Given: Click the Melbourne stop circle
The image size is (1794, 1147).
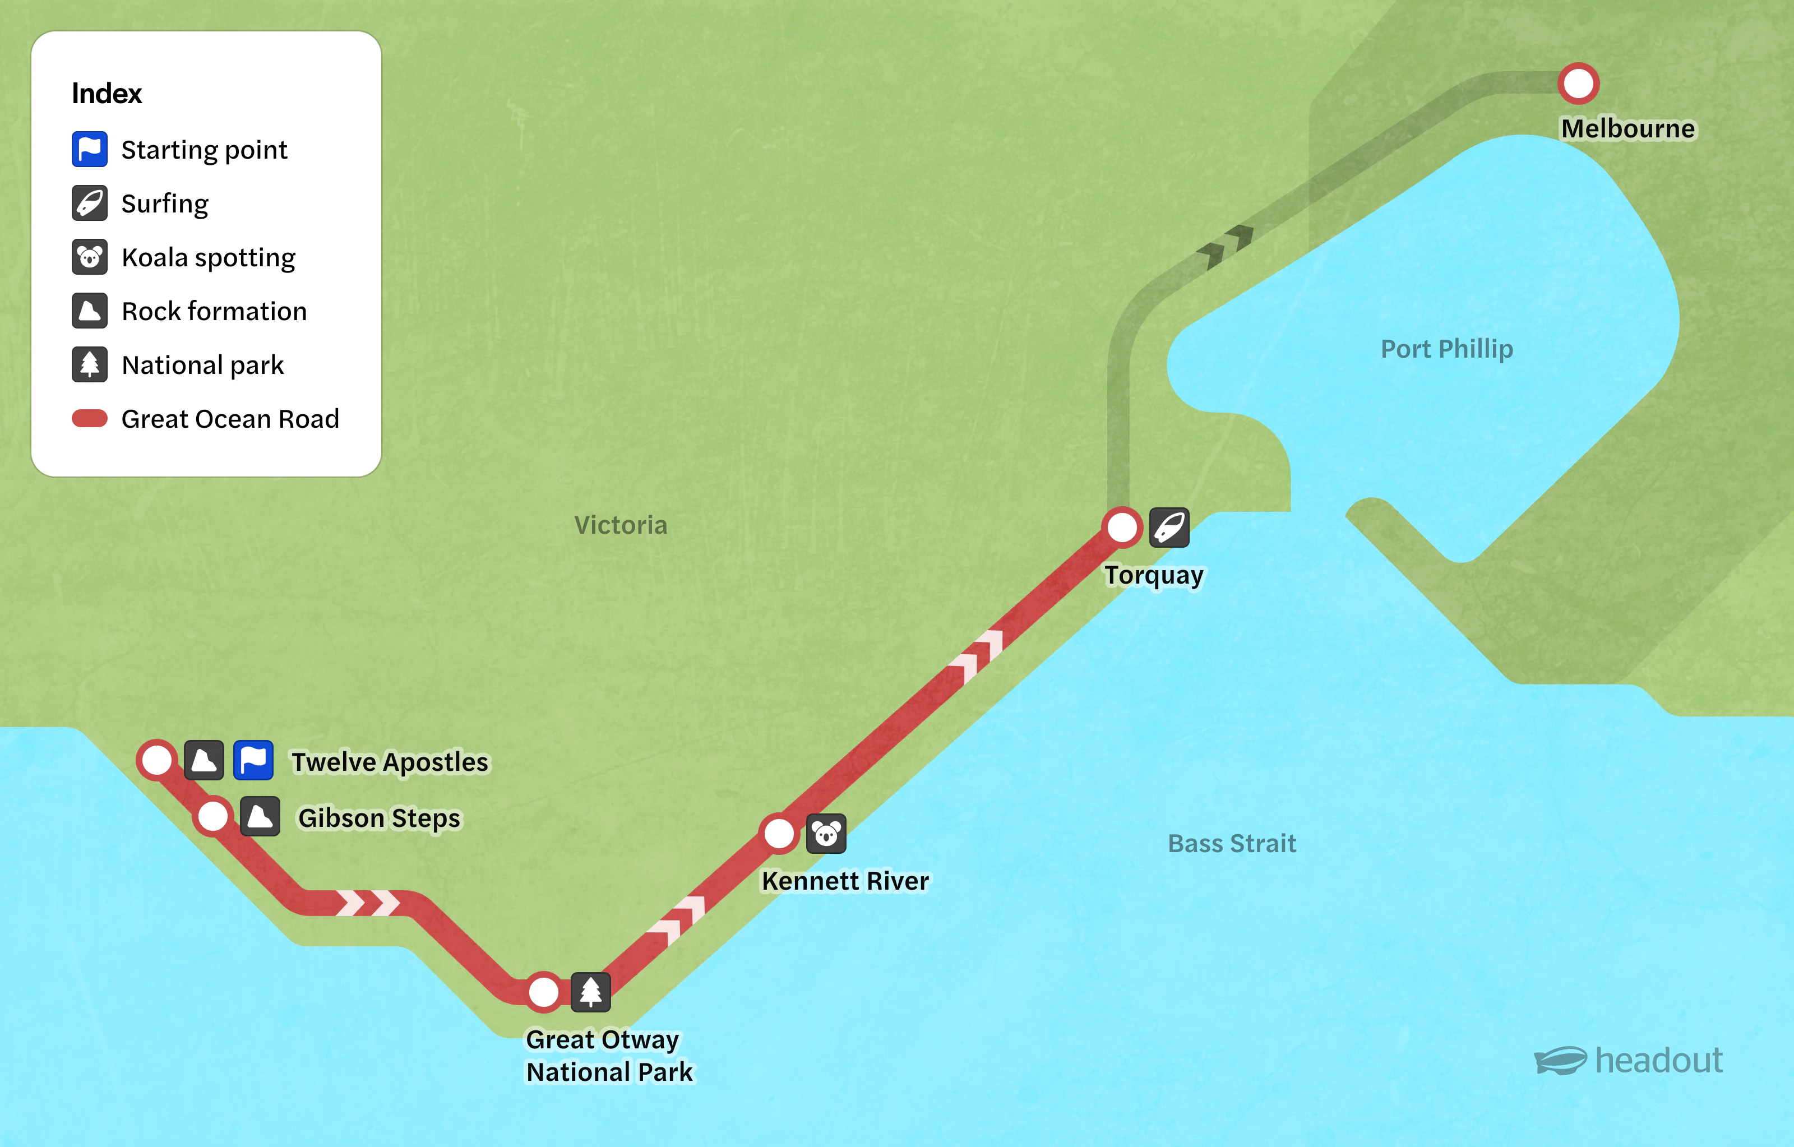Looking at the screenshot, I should click(1578, 84).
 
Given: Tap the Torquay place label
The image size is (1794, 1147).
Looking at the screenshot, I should click(1153, 575).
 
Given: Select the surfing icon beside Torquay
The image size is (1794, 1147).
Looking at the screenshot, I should click(1169, 528).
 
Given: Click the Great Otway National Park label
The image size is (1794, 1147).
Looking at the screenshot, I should click(609, 1056).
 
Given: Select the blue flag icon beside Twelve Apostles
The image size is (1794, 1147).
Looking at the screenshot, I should click(253, 760).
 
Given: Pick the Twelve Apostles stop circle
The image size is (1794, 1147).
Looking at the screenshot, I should click(157, 760).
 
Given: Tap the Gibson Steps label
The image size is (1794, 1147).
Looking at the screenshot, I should click(379, 818).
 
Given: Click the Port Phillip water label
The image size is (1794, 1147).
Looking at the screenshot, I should click(1447, 349).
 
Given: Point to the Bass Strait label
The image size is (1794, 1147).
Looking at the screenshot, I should click(1232, 843).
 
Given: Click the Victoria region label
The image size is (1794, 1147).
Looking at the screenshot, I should click(621, 525).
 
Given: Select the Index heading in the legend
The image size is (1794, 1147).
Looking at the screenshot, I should click(107, 94).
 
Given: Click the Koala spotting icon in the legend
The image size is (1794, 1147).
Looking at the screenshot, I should click(89, 257).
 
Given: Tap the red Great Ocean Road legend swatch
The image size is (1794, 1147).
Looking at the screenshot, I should click(89, 419).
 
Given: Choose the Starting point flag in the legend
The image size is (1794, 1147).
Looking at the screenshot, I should click(89, 150).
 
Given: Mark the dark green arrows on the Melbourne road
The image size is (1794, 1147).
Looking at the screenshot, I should click(1225, 245).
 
